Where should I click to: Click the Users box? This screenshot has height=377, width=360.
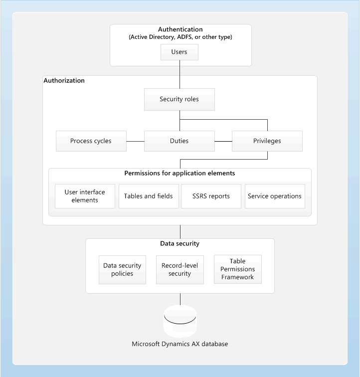point(180,52)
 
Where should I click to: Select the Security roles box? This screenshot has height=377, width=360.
point(180,99)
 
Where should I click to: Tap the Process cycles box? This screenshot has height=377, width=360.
point(91,141)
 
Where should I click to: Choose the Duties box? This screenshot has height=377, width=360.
point(180,141)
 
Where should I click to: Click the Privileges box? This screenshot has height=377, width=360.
point(267,141)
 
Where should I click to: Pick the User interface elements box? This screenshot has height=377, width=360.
point(85,196)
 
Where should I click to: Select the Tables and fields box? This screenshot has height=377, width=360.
point(149,196)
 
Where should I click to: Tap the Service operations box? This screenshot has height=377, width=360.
point(275,196)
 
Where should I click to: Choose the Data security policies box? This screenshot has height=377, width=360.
point(122,270)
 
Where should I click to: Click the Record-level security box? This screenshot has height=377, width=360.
point(180,270)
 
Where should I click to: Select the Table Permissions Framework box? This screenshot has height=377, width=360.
point(238,269)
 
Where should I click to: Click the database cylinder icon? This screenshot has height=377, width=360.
point(180,321)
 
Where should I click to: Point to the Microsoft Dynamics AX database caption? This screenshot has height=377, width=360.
point(180,344)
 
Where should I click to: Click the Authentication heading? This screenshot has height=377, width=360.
point(180,29)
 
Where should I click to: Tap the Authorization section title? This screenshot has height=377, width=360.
point(64,80)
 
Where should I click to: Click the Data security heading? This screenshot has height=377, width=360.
point(180,243)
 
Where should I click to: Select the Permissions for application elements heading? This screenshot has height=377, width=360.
point(180,174)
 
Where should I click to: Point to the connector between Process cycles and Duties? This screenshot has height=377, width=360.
point(135,141)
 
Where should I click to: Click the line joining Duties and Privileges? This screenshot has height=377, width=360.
point(223,141)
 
